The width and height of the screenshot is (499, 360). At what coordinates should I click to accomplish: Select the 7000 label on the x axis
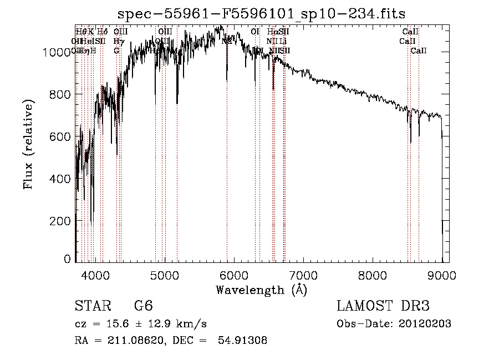pyautogui.click(x=303, y=274)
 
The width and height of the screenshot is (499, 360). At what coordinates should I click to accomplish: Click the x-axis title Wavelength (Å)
pyautogui.click(x=261, y=290)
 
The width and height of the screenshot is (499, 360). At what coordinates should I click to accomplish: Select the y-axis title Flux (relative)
pyautogui.click(x=28, y=144)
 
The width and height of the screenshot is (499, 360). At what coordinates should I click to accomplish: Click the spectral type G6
pyautogui.click(x=143, y=307)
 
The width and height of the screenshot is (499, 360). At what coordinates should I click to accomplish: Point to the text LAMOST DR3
pyautogui.click(x=383, y=307)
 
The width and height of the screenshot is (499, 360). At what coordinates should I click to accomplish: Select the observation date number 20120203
pyautogui.click(x=425, y=324)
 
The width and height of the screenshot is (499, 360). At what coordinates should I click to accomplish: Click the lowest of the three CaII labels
pyautogui.click(x=419, y=51)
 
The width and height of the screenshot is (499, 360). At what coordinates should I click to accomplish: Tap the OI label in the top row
pyautogui.click(x=255, y=32)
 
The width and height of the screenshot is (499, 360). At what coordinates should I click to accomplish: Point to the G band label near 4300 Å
pyautogui.click(x=117, y=51)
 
